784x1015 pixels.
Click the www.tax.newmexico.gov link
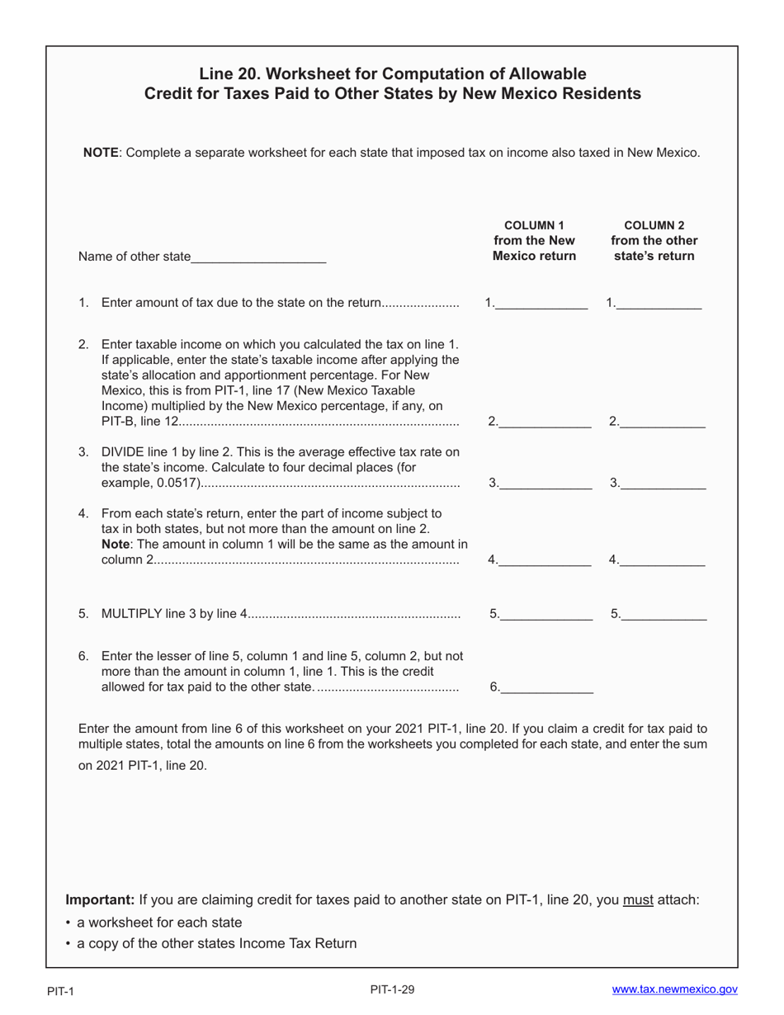674,989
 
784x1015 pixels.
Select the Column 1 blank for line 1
541,303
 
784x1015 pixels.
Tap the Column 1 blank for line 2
545,422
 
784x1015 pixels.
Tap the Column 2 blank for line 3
663,484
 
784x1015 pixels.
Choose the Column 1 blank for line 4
545,559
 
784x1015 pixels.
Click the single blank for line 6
546,687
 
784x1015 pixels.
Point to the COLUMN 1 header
534,225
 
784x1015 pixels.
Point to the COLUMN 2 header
654,225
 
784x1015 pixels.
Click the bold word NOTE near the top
102,153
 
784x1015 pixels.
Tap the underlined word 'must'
638,899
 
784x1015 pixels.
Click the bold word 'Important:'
100,899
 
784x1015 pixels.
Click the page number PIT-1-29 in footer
392,989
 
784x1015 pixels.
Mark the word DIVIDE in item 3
125,451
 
